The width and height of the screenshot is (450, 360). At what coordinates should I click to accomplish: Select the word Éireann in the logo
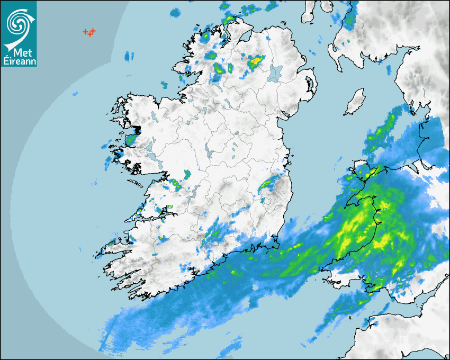19,61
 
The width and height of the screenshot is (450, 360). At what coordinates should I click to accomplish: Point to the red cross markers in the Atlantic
89,32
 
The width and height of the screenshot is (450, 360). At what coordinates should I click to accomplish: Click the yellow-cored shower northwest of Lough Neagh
256,61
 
